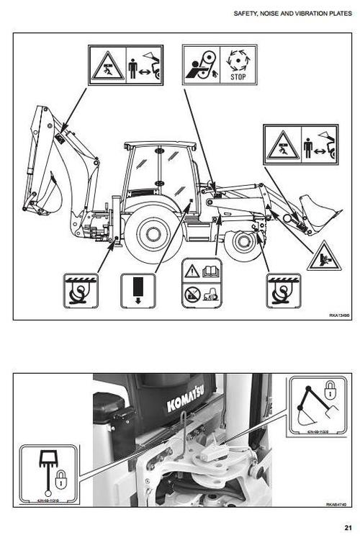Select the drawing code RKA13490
pos(341,314)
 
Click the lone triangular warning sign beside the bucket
pos(323,258)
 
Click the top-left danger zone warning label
pos(125,66)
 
